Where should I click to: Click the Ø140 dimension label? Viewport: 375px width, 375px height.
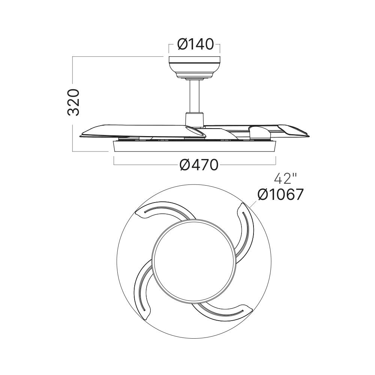(x=195, y=45)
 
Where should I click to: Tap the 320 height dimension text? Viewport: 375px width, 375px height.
(x=73, y=102)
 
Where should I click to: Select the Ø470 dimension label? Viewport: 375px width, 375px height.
(x=199, y=165)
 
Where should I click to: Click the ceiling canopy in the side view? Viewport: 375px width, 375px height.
(x=194, y=67)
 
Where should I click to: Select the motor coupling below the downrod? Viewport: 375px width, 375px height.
(x=194, y=119)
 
